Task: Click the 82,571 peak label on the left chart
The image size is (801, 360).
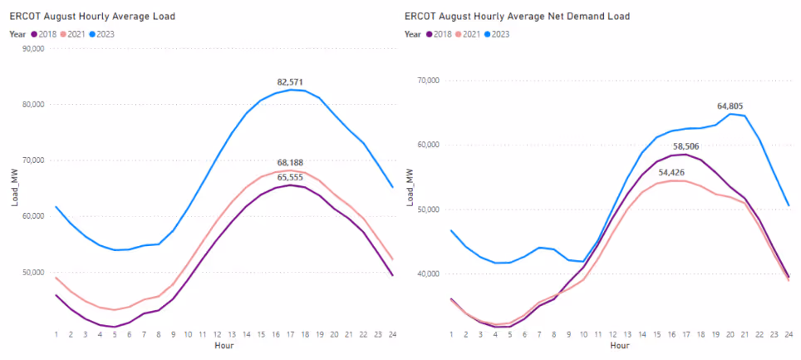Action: [290, 82]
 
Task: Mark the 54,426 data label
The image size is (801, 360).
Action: [653, 173]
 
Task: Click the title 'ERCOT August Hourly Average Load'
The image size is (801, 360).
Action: [91, 17]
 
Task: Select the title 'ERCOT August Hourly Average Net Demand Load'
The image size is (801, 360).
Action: [517, 17]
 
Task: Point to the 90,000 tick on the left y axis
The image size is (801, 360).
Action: [33, 48]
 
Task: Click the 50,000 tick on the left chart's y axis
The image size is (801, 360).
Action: [33, 272]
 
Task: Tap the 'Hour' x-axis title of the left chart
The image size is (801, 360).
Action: [224, 345]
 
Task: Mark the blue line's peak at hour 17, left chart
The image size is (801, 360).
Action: [290, 89]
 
